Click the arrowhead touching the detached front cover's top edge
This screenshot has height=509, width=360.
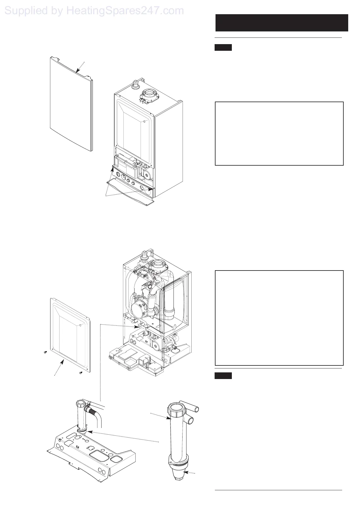(x=77, y=72)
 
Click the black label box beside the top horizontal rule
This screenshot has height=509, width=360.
(x=223, y=47)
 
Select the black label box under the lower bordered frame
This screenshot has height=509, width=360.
(x=223, y=376)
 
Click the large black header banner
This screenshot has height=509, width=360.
(x=281, y=23)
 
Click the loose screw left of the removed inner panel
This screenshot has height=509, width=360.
(x=45, y=352)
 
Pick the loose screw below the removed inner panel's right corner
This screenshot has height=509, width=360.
(x=81, y=373)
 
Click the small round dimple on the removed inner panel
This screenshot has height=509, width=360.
(x=81, y=326)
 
